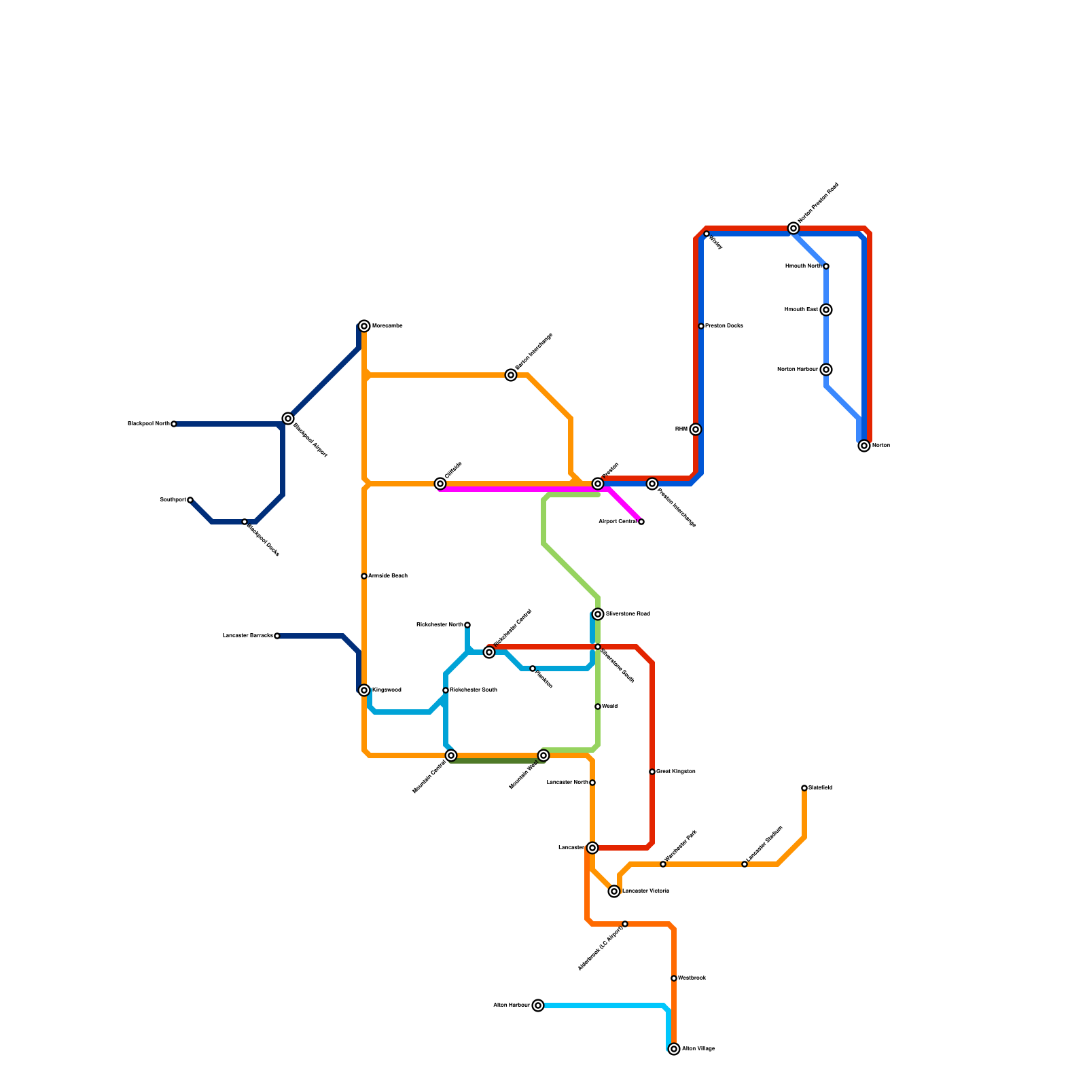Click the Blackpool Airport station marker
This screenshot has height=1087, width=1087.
click(288, 418)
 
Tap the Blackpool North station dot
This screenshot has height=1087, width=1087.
click(174, 424)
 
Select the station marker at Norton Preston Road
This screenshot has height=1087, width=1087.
click(794, 228)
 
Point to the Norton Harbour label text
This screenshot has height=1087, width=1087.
click(797, 370)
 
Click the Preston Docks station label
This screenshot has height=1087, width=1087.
click(724, 326)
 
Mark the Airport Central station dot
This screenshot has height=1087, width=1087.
click(641, 522)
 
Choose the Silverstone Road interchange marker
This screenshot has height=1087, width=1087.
click(598, 614)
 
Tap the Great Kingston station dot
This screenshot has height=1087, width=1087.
click(652, 772)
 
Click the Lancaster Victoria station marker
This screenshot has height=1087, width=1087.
click(614, 891)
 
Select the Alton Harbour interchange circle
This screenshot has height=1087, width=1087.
click(538, 1005)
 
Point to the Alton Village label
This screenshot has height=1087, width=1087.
click(698, 1049)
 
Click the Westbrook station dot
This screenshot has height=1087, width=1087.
click(674, 978)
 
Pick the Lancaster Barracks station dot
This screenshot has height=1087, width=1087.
click(277, 636)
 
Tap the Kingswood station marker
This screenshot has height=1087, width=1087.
click(364, 690)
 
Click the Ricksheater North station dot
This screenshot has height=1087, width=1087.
click(467, 625)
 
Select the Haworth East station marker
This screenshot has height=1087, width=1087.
click(826, 310)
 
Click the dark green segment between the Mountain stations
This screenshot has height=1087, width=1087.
click(496, 761)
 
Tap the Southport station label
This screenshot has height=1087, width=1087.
click(173, 500)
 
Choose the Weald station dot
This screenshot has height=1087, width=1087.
click(598, 707)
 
